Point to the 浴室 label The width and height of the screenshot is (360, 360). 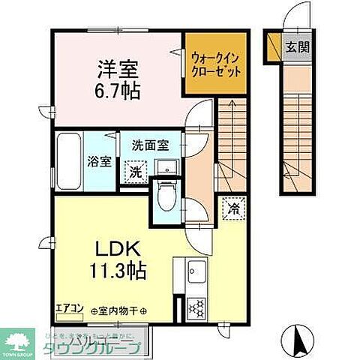point(96,160)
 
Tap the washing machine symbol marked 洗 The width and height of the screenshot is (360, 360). point(134,171)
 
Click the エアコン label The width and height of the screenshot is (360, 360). point(69,307)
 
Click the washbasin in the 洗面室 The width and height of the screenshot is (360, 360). point(169,166)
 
